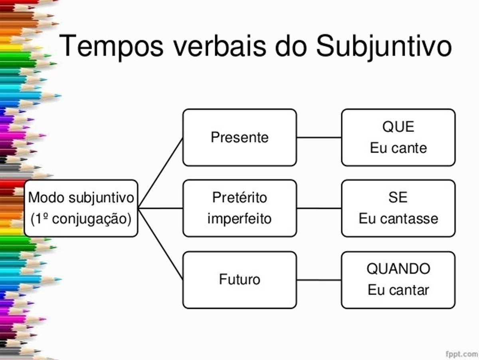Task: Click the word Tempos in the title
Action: [x=111, y=47]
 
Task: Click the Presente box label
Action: [x=239, y=137]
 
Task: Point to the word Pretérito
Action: [x=239, y=197]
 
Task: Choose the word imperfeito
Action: [x=239, y=219]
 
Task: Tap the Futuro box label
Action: [x=239, y=279]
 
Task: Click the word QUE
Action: [x=398, y=127]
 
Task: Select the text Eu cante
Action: [x=398, y=148]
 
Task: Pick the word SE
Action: [x=398, y=197]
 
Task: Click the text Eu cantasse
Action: [x=398, y=219]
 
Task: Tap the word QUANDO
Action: [x=398, y=269]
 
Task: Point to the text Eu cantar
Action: [x=398, y=290]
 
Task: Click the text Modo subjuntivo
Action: [x=81, y=198]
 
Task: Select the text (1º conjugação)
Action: [x=81, y=219]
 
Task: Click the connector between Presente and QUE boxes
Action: [x=319, y=137]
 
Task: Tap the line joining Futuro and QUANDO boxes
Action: [x=319, y=280]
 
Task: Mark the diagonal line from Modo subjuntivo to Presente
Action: [x=160, y=173]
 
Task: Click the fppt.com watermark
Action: [x=461, y=354]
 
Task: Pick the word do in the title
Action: [x=291, y=46]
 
